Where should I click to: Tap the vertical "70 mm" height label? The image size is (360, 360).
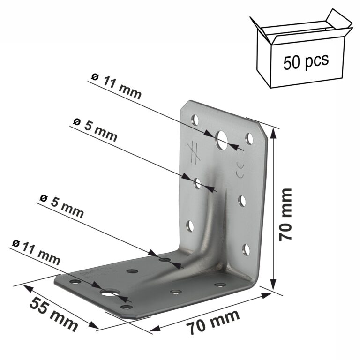coord(285,215)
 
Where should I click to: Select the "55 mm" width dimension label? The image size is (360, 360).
coord(54,314)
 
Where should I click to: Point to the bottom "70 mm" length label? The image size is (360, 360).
coord(213,322)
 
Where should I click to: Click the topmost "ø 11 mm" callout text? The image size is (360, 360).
coord(116,87)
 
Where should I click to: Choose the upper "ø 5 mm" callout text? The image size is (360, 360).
coord(95,130)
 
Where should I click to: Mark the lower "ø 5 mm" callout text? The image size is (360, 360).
coord(62,206)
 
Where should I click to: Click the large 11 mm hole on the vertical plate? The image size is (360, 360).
coord(221,140)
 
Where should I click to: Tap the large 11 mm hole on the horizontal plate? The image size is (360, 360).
coord(110,292)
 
